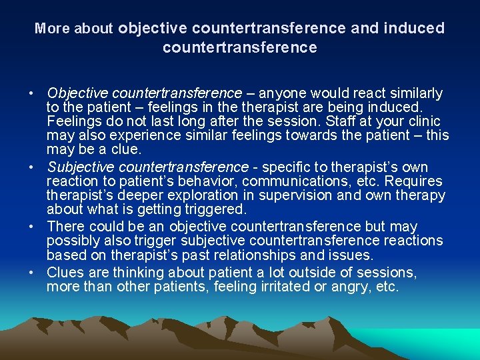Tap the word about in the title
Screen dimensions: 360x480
(x=93, y=29)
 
